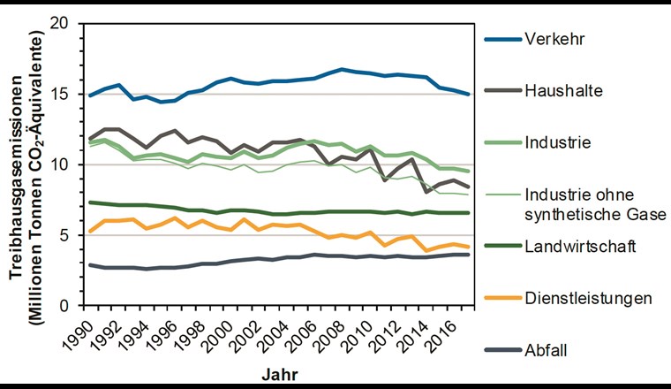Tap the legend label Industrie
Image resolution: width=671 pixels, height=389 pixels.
556,141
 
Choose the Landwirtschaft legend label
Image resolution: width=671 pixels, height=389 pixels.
577,246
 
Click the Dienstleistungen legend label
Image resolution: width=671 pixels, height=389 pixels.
586,298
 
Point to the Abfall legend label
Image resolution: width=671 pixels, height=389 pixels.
547,350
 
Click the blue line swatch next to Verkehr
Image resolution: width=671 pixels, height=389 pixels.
499,39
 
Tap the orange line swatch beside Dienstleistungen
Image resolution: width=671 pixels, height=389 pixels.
499,298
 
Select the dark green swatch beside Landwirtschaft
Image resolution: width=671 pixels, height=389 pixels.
499,246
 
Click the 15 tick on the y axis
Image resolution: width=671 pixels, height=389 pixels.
60,95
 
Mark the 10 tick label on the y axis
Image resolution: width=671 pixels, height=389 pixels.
60,165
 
